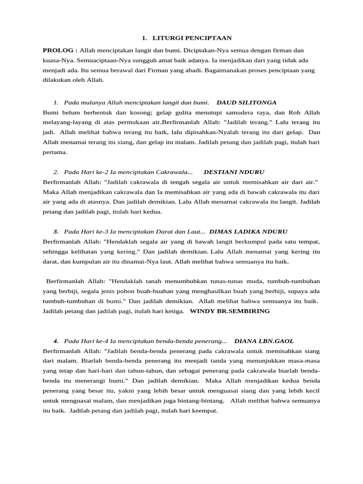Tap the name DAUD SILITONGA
[x=246, y=102]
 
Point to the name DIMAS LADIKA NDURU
[x=248, y=231]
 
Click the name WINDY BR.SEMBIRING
[x=230, y=311]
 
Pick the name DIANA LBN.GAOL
[x=267, y=341]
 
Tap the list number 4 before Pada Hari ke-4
[x=56, y=341]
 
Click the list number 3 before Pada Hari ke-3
[x=56, y=231]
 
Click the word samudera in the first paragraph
[x=218, y=112]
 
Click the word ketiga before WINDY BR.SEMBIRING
[x=173, y=311]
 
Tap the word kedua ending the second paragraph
[x=152, y=212]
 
